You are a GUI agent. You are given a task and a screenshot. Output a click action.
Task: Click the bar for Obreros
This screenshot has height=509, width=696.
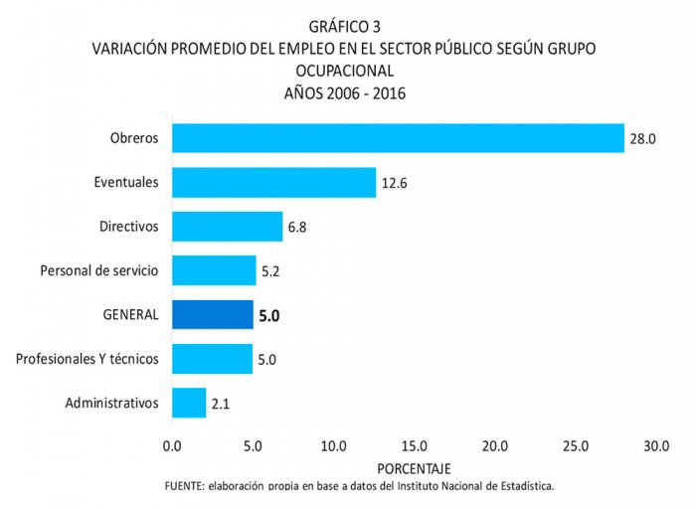tap(398, 138)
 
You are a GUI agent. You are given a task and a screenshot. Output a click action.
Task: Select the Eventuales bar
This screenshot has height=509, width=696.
tap(273, 182)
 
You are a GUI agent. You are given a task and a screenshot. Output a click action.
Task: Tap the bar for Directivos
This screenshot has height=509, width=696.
tap(227, 227)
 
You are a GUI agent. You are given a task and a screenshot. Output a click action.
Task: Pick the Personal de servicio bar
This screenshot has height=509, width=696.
tap(214, 270)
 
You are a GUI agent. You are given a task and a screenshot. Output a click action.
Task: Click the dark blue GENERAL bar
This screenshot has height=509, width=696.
tap(212, 314)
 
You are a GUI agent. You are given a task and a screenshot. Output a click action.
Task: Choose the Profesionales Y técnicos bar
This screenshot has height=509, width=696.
tap(212, 358)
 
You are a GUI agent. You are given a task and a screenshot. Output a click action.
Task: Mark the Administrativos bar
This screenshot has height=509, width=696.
tap(189, 403)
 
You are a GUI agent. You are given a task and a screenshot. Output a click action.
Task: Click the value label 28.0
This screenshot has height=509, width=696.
tap(641, 139)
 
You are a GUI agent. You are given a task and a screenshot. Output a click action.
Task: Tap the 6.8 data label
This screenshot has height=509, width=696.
tap(297, 227)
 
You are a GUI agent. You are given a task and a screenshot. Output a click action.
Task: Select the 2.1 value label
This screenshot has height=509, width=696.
tap(221, 404)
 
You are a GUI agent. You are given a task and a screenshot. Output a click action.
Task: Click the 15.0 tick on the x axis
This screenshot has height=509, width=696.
tap(414, 446)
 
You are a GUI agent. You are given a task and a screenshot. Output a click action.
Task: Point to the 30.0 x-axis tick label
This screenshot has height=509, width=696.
tap(656, 446)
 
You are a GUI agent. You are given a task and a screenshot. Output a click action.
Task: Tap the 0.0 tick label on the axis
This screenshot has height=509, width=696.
tap(172, 446)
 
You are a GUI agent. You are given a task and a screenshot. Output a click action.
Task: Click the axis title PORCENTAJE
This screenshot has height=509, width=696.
tap(415, 467)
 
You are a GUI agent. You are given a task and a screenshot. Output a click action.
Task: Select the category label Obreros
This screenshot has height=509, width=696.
tap(134, 138)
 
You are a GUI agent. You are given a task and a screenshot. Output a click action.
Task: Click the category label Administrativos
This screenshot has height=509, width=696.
tap(111, 403)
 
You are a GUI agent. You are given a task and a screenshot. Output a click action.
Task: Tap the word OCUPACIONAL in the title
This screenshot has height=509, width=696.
tap(345, 71)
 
